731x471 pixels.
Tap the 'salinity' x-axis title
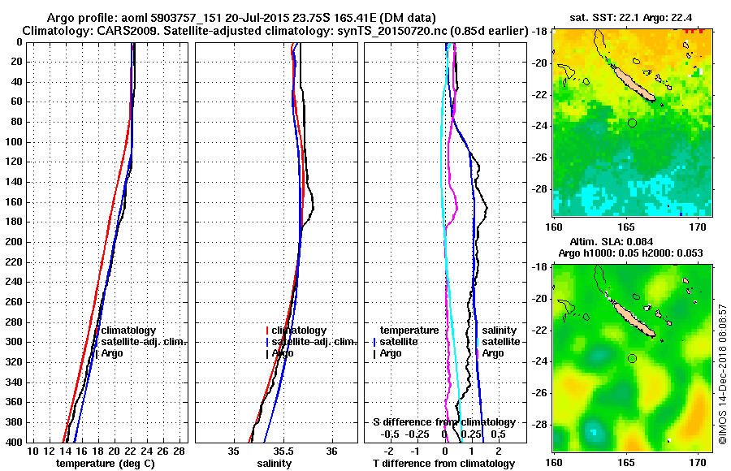275,464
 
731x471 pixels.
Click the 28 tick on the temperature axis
180,451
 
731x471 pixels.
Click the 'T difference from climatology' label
443,464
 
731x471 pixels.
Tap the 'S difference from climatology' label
443,422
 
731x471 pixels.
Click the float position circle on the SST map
632,123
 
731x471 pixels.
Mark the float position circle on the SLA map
632,358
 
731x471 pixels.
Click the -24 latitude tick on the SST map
541,125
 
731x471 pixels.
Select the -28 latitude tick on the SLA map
541,424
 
